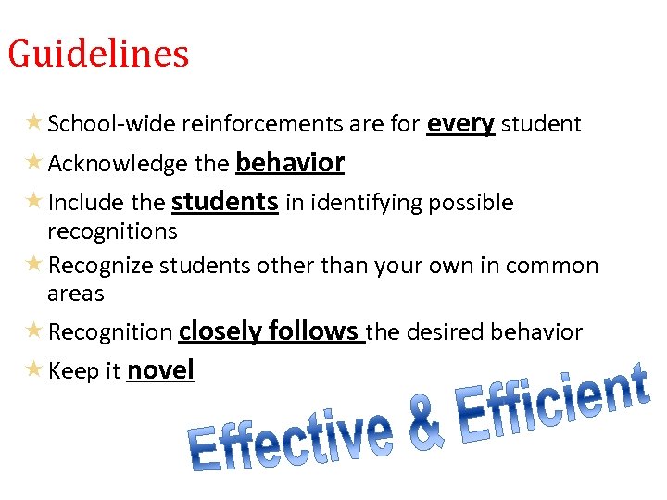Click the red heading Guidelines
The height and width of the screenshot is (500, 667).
point(98,54)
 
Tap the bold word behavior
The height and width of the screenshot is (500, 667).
point(290,163)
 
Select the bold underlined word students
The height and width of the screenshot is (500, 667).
point(225,202)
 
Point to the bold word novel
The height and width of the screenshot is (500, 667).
point(160,370)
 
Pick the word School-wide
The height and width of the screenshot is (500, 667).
point(111,124)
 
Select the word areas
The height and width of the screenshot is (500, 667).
point(76,294)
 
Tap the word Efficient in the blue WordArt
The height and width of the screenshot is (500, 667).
point(551,407)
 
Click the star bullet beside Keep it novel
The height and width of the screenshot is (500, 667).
point(33,370)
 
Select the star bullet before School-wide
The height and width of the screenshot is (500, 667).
point(33,123)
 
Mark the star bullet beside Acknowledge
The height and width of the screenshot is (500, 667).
point(33,163)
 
